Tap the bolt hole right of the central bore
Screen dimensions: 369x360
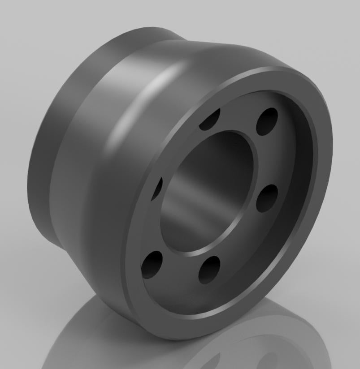pyautogui.click(x=268, y=198)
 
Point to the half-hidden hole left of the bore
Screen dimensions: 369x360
pyautogui.click(x=157, y=188)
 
